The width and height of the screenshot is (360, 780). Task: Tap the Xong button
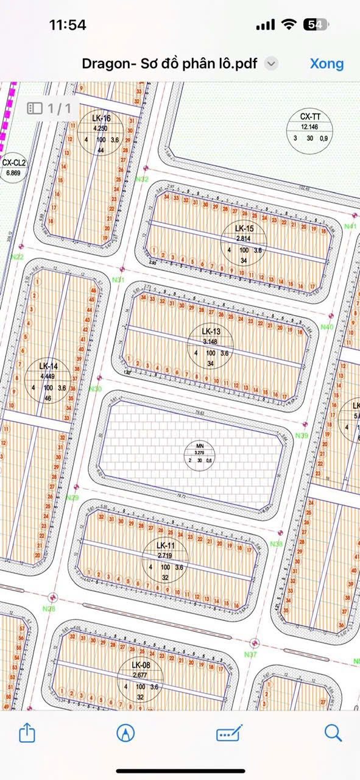click(326, 63)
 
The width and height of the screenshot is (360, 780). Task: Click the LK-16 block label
click(101, 118)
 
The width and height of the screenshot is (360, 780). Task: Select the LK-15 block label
click(244, 229)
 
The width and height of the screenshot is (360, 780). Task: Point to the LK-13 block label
click(211, 331)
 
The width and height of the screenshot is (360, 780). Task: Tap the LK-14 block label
click(48, 366)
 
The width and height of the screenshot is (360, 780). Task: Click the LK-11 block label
click(165, 545)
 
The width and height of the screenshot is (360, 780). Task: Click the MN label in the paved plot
click(199, 446)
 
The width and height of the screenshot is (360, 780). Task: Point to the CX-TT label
click(310, 116)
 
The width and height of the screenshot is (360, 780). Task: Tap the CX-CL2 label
click(13, 163)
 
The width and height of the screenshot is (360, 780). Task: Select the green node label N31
click(118, 280)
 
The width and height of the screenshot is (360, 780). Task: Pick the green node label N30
click(95, 389)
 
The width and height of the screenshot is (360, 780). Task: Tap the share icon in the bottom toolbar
click(27, 732)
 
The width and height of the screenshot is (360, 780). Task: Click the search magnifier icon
click(333, 732)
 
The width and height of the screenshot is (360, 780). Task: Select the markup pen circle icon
click(125, 732)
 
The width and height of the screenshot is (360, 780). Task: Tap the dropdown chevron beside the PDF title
click(272, 64)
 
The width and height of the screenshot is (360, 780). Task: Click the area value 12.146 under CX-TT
click(310, 126)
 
